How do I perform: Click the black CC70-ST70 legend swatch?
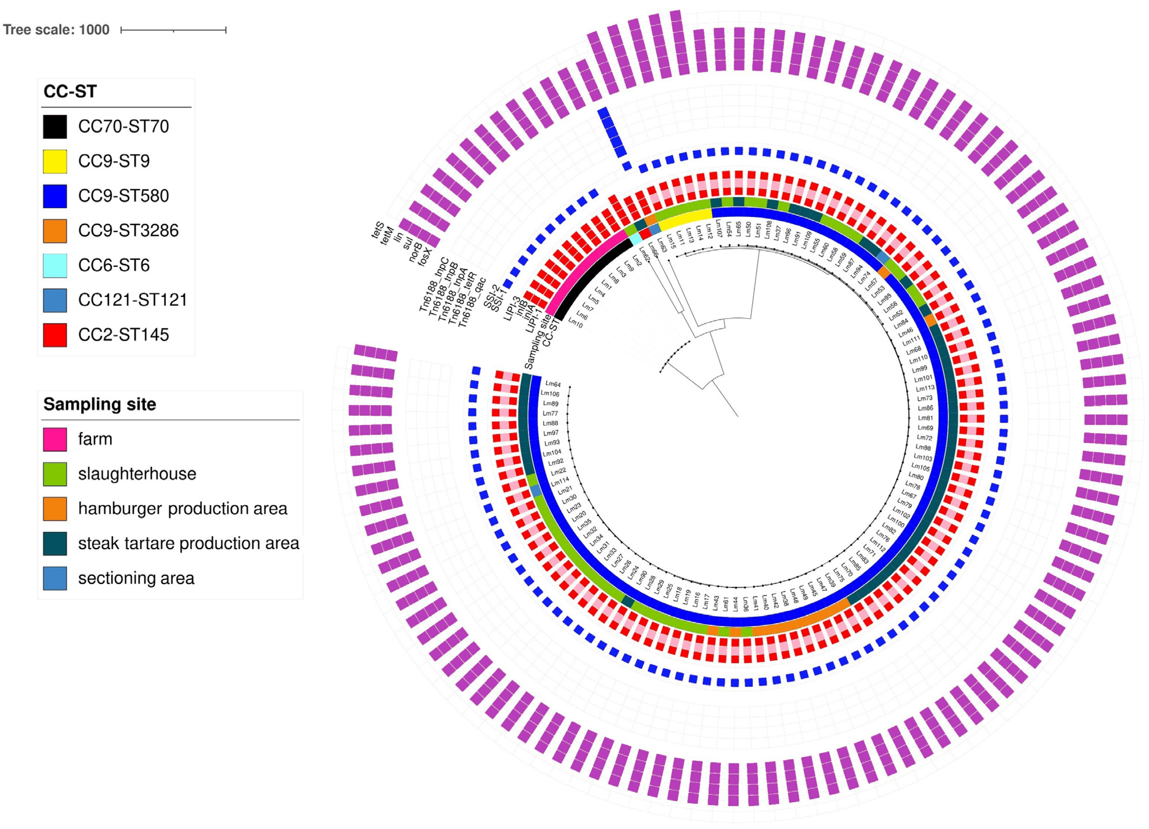[55, 127]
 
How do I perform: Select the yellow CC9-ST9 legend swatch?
[55, 161]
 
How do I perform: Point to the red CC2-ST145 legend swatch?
[55, 335]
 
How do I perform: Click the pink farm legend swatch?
[55, 439]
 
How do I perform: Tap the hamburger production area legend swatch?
[55, 509]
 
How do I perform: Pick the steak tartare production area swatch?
[55, 543]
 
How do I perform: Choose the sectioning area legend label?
[136, 578]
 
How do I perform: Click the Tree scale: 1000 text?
[56, 30]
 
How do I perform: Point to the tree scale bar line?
[173, 31]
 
